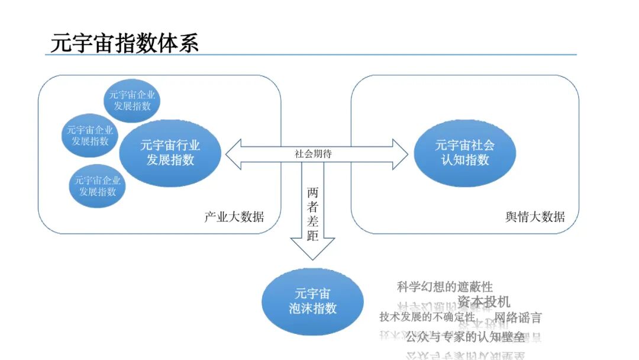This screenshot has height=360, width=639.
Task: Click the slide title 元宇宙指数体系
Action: tap(125, 43)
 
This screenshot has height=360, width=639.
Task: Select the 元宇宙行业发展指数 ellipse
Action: tap(170, 152)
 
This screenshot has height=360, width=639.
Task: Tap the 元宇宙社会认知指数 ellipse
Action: tap(464, 152)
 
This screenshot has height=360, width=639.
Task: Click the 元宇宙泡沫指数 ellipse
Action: tap(312, 301)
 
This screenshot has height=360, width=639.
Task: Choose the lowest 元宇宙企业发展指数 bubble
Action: tap(98, 185)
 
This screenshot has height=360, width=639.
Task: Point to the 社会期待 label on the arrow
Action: tap(313, 153)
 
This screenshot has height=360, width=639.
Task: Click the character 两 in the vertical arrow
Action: tap(313, 193)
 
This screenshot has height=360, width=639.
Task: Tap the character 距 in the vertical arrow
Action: tap(313, 236)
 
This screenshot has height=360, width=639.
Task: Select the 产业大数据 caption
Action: tap(234, 217)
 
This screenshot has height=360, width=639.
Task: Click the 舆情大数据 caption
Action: tap(535, 217)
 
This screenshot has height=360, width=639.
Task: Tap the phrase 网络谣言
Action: tap(518, 317)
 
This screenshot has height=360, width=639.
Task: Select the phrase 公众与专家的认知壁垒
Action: tap(465, 337)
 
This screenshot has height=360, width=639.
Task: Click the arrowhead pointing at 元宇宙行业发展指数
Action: tap(233, 153)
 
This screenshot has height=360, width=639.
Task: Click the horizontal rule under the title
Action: tap(311, 55)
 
